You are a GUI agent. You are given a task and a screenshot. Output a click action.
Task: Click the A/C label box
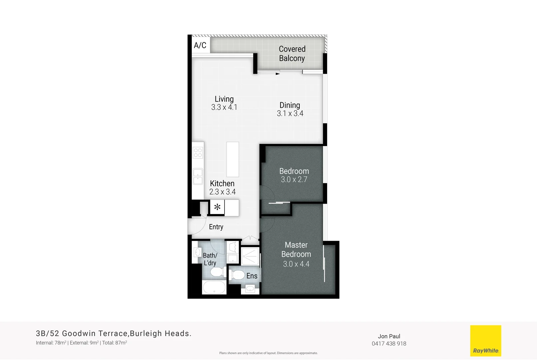click(200, 45)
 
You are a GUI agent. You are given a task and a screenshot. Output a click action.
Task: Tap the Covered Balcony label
click(292, 54)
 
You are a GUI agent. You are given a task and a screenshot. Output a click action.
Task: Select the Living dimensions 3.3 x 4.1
click(224, 107)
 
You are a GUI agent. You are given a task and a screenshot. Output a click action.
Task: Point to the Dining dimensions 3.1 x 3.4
click(290, 113)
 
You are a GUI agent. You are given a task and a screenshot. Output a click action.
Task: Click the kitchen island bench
click(233, 159)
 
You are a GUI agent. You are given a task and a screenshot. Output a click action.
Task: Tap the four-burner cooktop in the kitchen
click(198, 153)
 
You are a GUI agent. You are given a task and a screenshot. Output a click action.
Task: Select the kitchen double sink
click(198, 176)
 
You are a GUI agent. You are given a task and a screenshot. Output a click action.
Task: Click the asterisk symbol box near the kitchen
click(217, 207)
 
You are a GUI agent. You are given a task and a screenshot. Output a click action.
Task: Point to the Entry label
click(216, 227)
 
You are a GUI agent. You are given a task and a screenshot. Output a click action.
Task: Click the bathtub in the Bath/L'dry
click(214, 287)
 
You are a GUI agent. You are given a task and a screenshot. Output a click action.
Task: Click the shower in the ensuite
click(250, 256)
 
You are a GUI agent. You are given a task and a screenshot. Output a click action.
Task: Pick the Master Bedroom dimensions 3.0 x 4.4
click(296, 264)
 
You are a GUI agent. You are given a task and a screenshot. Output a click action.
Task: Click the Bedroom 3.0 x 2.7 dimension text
click(294, 180)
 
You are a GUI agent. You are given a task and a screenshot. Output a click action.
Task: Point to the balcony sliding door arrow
click(277, 74)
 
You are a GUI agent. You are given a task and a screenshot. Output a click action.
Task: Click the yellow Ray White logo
click(485, 341)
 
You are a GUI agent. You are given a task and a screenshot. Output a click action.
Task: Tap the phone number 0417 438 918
click(389, 344)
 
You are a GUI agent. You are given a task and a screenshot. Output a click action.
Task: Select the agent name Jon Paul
click(389, 336)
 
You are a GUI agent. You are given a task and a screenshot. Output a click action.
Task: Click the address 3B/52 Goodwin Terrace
click(82, 333)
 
